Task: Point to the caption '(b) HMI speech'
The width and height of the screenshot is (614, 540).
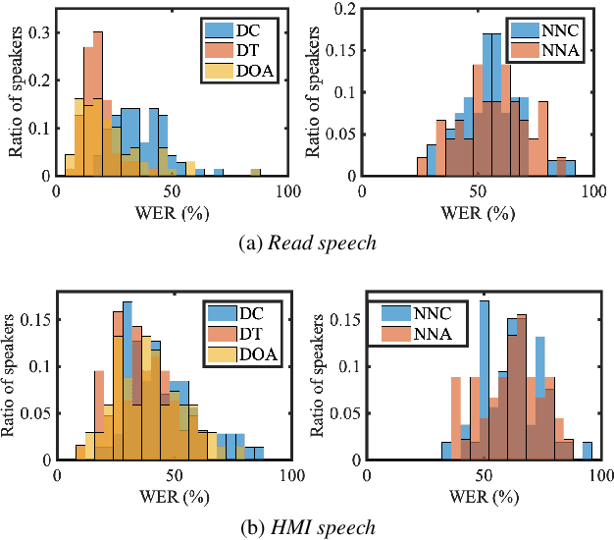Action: pyautogui.click(x=308, y=526)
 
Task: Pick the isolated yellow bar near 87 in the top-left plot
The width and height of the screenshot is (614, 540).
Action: pyautogui.click(x=255, y=173)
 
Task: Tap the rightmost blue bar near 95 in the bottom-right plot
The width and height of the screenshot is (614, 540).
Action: pyautogui.click(x=588, y=451)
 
